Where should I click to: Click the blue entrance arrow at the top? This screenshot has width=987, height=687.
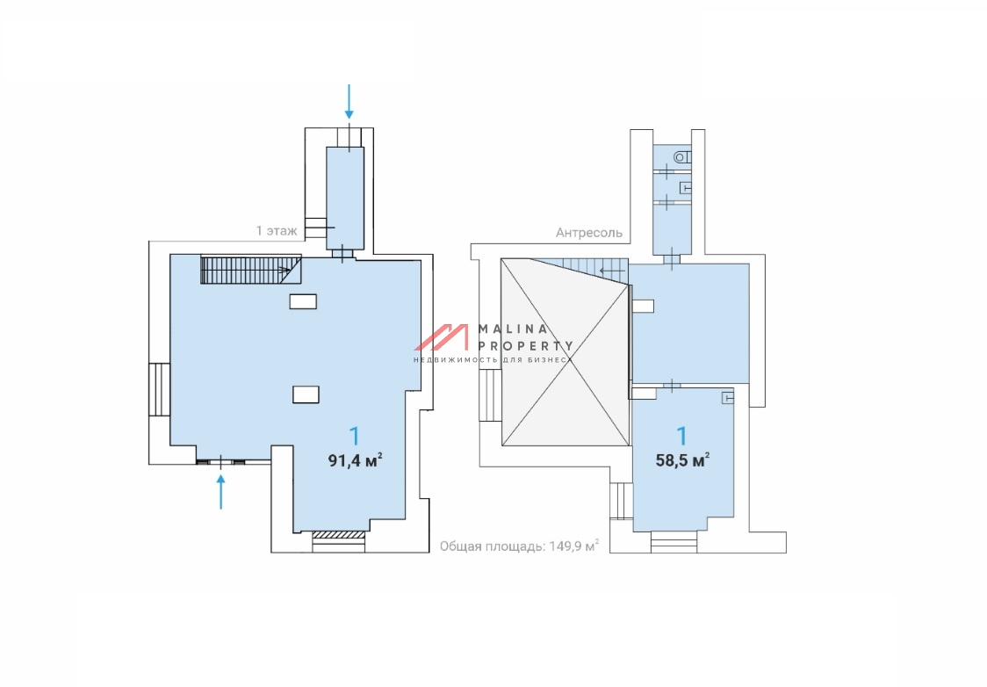(349, 101)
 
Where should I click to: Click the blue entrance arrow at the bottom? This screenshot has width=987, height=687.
(221, 492)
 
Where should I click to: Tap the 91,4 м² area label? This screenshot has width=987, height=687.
(355, 460)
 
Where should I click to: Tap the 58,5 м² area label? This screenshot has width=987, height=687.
(683, 460)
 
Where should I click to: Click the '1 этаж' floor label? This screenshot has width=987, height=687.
(277, 231)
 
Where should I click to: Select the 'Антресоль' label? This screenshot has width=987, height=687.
(589, 233)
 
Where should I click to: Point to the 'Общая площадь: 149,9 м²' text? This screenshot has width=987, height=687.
(519, 546)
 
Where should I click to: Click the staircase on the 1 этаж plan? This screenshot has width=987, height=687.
(250, 270)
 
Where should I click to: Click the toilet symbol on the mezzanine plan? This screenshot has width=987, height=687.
(682, 156)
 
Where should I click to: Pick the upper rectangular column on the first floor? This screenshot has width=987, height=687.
(303, 301)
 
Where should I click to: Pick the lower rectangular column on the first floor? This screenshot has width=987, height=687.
(306, 394)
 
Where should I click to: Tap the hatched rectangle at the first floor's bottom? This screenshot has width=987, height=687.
(339, 535)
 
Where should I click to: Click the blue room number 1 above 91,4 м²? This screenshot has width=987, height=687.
(355, 436)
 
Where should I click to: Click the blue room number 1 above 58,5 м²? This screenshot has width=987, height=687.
(682, 436)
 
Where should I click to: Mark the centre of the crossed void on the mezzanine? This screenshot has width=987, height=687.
(566, 352)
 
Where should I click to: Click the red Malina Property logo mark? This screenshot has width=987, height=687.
(442, 337)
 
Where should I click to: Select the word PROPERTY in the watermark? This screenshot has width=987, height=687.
(526, 346)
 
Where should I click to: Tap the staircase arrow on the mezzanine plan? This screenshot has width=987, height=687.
(612, 271)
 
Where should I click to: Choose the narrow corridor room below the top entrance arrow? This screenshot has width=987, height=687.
(345, 199)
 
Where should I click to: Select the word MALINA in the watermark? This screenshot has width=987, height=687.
(513, 329)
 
